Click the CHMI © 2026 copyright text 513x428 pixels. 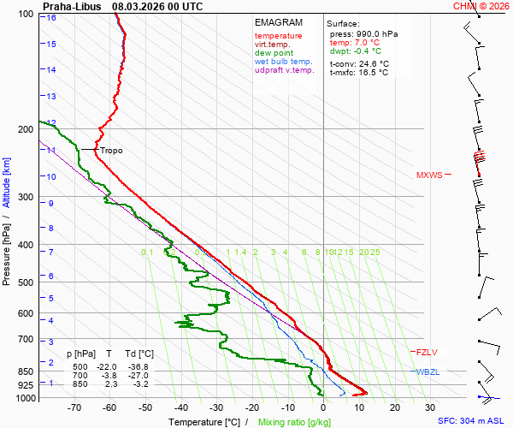(481, 6)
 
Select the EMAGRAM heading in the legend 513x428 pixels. (279, 22)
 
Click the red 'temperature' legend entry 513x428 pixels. (278, 36)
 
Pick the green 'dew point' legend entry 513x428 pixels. (274, 53)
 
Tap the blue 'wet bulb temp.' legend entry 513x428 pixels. (284, 62)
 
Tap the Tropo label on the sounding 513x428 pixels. (111, 151)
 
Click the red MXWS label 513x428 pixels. (429, 175)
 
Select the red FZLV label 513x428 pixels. (426, 353)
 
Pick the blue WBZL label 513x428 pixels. (427, 372)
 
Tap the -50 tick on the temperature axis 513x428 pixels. (145, 408)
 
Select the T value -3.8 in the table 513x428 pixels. (109, 375)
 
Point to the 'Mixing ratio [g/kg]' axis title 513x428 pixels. (295, 422)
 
